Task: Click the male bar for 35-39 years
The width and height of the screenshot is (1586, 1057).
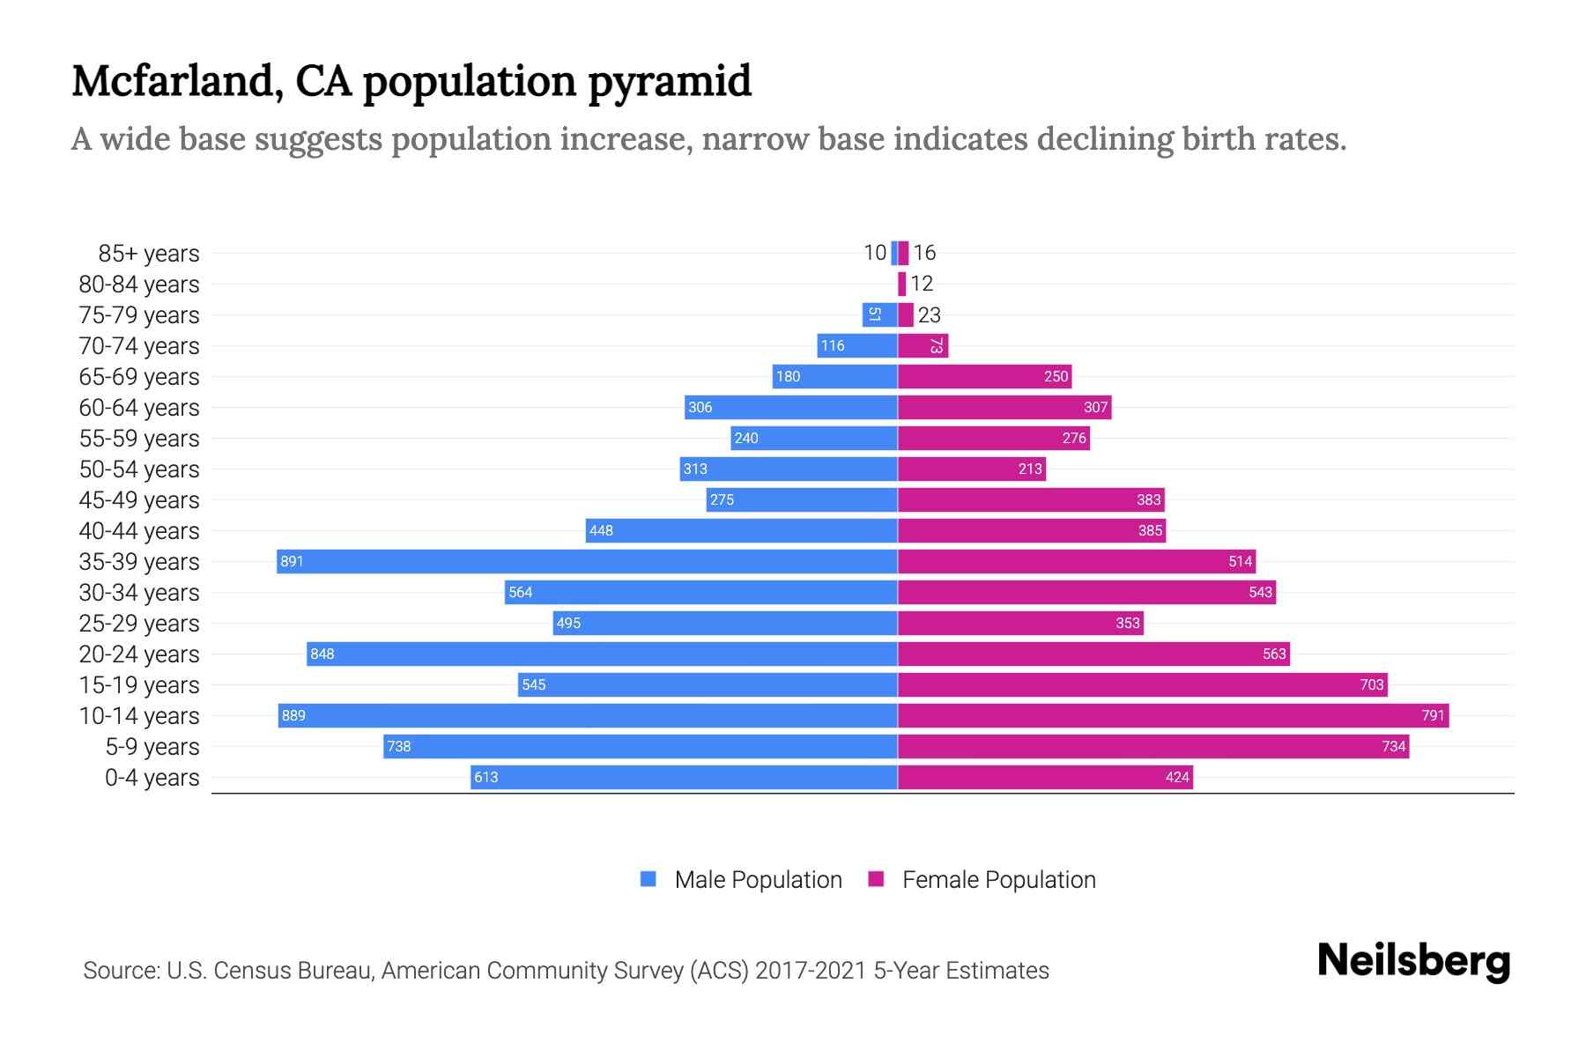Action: tap(587, 561)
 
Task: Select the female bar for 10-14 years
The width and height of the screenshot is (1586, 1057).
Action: tap(1173, 715)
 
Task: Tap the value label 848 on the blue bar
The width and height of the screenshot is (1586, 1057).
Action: tap(322, 654)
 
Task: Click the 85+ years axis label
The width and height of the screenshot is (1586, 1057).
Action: tap(149, 254)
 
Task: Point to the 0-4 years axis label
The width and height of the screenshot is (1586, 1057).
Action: tap(152, 778)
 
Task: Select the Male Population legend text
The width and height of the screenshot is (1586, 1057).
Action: tap(758, 880)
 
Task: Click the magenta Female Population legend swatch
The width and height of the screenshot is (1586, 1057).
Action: tap(876, 879)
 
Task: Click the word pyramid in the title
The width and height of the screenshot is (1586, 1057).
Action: tap(670, 81)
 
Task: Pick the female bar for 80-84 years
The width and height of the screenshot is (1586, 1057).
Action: tap(901, 284)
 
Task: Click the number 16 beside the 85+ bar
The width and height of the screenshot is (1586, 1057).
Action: tap(924, 253)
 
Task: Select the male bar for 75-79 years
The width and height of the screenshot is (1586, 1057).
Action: tap(879, 314)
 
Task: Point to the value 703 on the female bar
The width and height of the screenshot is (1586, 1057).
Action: tap(1371, 684)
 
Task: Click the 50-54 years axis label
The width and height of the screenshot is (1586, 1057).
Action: tap(139, 469)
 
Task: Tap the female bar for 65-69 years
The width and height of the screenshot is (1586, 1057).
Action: tap(984, 376)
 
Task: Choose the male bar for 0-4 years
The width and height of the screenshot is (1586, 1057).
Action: tap(684, 777)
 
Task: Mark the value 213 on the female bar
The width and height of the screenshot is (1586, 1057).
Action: tap(1030, 469)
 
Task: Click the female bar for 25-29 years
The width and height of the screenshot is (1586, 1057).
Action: tap(1020, 623)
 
